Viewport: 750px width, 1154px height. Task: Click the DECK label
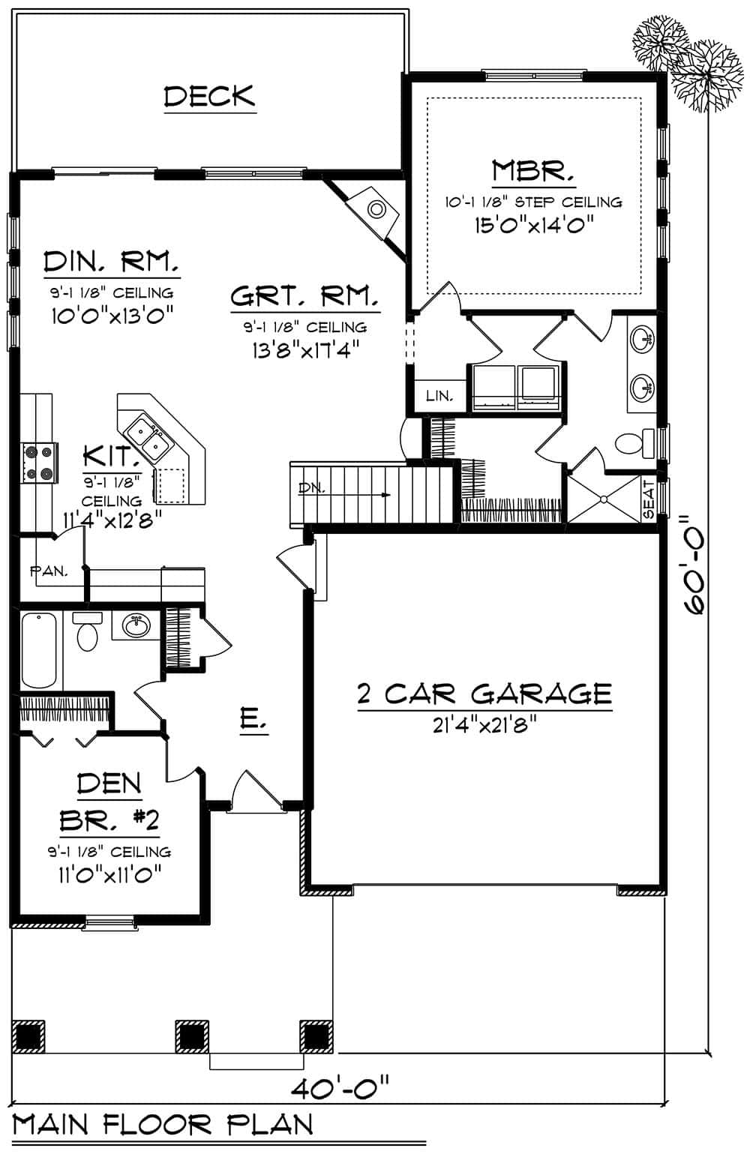click(210, 96)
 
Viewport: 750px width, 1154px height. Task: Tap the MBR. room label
click(533, 171)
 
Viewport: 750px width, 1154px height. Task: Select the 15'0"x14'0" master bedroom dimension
click(534, 224)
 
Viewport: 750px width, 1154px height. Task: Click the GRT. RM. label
click(304, 297)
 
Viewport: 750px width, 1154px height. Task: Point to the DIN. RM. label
click(112, 262)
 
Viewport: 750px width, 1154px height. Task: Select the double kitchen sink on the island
click(148, 438)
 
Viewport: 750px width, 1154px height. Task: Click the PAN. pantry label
click(49, 571)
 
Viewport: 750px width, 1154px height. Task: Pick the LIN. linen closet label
click(439, 396)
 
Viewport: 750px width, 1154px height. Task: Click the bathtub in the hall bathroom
click(40, 649)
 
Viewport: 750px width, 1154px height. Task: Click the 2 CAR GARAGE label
click(484, 694)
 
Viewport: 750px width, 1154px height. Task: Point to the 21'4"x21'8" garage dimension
click(484, 725)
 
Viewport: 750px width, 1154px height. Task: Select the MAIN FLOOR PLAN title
click(163, 1125)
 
